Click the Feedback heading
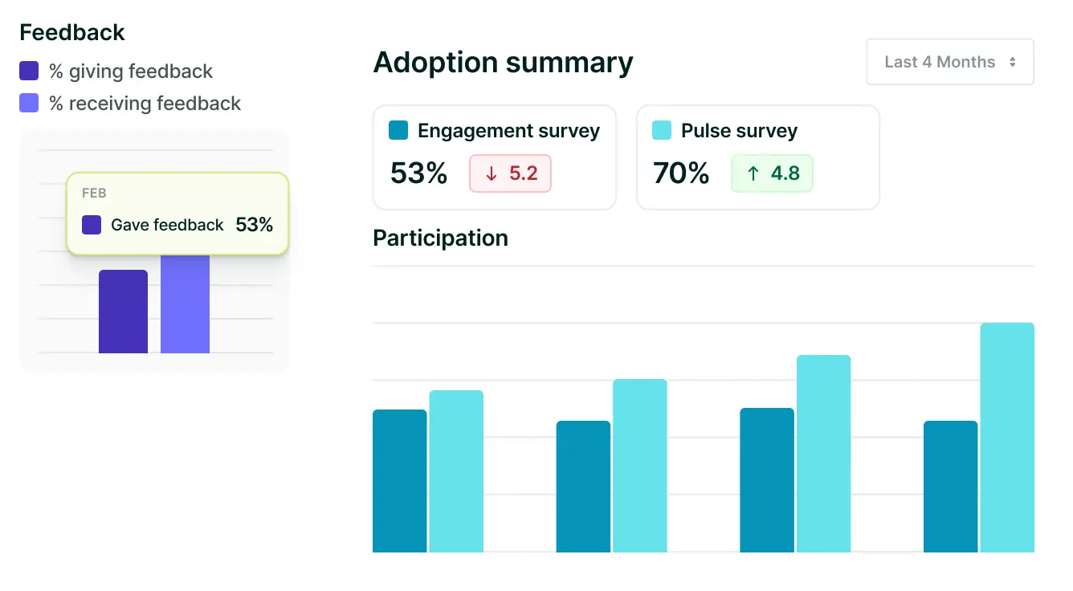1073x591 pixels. tap(72, 32)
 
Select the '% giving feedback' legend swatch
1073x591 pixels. tap(29, 71)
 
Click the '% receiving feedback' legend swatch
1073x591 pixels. tap(29, 103)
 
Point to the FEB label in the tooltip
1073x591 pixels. tap(94, 194)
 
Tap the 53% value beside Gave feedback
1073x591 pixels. tap(255, 225)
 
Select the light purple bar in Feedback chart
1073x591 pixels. tap(185, 305)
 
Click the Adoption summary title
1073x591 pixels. tap(504, 63)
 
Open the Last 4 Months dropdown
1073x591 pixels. tap(950, 62)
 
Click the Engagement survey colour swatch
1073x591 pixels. tap(398, 130)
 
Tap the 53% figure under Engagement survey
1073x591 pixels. tap(418, 173)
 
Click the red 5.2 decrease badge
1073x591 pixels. tap(510, 173)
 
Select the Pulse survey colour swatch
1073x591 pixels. tap(662, 130)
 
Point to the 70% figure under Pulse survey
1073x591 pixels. tap(681, 173)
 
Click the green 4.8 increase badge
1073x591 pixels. tap(772, 173)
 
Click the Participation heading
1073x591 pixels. tap(440, 238)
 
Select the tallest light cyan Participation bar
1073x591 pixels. tap(1007, 438)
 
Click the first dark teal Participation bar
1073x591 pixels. tap(399, 481)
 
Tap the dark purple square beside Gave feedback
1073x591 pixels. tap(92, 225)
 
